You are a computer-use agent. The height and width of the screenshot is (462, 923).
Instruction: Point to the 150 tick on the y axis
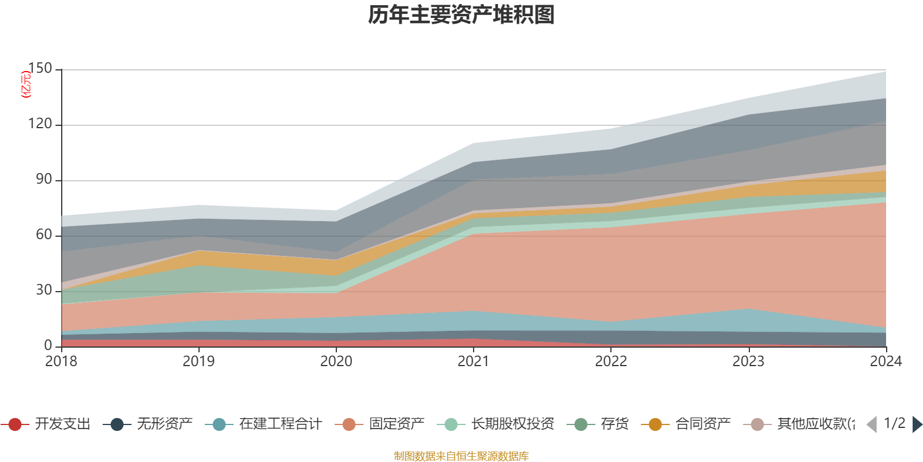pyautogui.click(x=40, y=69)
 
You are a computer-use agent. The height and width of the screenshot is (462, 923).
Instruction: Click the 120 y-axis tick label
pyautogui.click(x=40, y=124)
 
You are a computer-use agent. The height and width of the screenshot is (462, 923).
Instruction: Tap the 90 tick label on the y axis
pyautogui.click(x=44, y=180)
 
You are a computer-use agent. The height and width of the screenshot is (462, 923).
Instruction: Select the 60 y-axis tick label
pyautogui.click(x=44, y=235)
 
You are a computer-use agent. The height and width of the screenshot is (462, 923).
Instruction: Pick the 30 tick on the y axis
pyautogui.click(x=44, y=290)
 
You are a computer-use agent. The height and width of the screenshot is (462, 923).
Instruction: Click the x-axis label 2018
pyautogui.click(x=61, y=362)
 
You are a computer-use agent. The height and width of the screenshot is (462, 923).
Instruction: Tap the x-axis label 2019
pyautogui.click(x=198, y=362)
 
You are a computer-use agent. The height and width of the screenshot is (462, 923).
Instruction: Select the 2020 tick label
pyautogui.click(x=336, y=362)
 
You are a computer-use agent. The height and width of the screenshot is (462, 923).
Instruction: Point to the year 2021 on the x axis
pyautogui.click(x=473, y=362)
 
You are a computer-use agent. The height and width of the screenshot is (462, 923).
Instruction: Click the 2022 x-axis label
pyautogui.click(x=611, y=362)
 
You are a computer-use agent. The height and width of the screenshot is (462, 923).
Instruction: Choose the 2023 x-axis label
pyautogui.click(x=748, y=362)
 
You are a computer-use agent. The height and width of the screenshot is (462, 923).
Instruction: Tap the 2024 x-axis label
pyautogui.click(x=886, y=362)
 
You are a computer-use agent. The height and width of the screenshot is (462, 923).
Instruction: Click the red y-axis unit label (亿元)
pyautogui.click(x=25, y=84)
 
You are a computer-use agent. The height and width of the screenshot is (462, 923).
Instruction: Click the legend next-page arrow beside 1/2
pyautogui.click(x=917, y=424)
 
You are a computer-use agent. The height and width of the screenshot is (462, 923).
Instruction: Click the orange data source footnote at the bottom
pyautogui.click(x=461, y=456)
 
